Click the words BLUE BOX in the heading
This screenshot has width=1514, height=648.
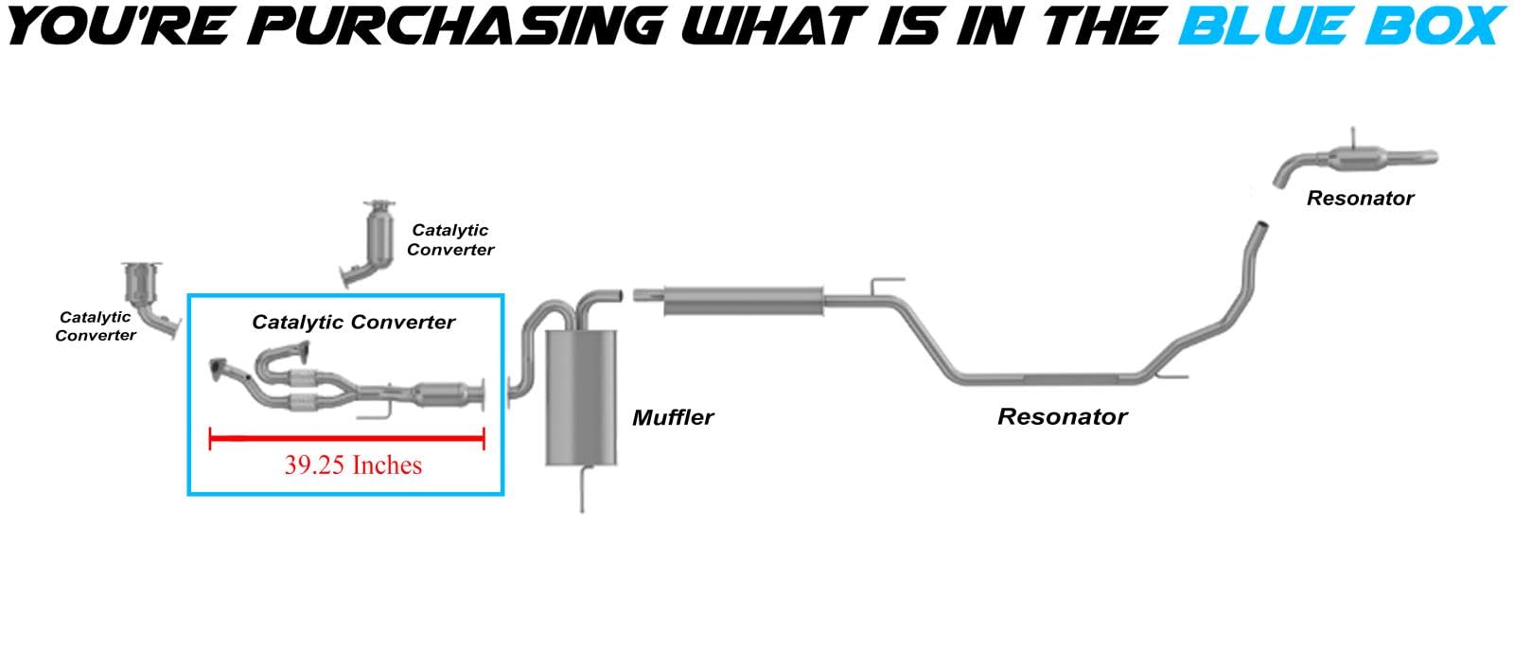[x=1342, y=26]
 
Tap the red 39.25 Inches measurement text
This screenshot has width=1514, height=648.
[x=353, y=465]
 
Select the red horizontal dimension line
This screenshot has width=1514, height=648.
[x=346, y=438]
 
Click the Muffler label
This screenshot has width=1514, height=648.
[x=673, y=417]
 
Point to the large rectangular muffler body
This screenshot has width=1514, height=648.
[x=581, y=396]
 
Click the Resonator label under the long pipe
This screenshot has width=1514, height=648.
[x=1062, y=416]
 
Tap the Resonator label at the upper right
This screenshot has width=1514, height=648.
[x=1360, y=199]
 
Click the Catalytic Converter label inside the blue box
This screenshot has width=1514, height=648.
[x=353, y=323]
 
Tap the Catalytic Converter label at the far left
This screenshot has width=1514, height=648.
[x=95, y=326]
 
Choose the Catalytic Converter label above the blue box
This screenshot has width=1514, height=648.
[x=450, y=240]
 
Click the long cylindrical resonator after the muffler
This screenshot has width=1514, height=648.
[x=743, y=301]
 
